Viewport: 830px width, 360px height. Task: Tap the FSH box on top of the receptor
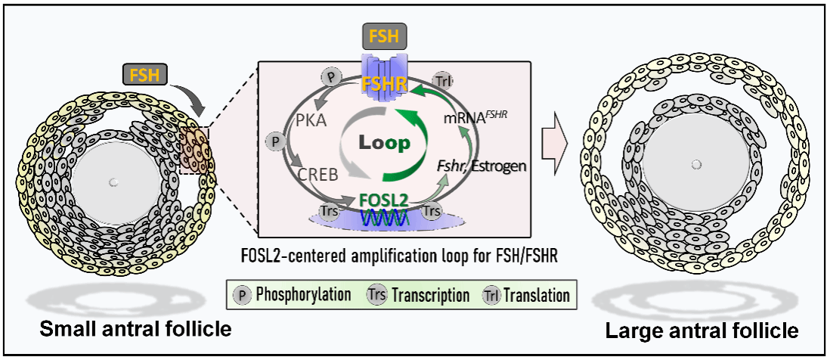(384, 36)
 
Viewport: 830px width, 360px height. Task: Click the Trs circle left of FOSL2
(330, 213)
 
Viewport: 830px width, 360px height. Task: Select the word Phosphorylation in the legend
(302, 295)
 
